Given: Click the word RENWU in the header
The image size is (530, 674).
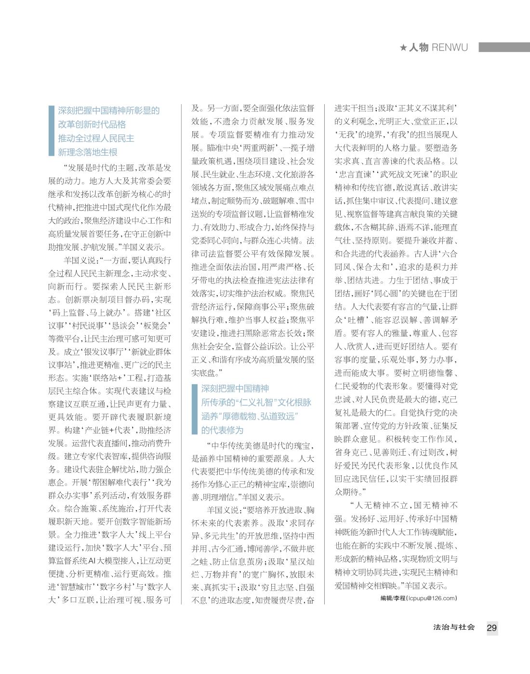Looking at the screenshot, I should click(450, 47).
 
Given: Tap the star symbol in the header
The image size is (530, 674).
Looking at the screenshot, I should click(403, 47).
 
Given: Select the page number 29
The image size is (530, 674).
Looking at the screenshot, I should click(491, 628).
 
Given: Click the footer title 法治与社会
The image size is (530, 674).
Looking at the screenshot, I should click(454, 627).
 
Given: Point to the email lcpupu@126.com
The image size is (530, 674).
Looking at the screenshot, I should click(432, 598).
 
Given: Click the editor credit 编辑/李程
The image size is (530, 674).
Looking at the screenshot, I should click(393, 598).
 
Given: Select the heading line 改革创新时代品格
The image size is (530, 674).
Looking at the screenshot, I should click(92, 124).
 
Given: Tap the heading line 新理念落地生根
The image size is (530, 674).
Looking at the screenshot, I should click(88, 152).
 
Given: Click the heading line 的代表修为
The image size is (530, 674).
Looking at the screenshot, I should click(222, 430).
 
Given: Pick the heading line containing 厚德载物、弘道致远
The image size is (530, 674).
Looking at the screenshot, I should click(250, 417).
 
